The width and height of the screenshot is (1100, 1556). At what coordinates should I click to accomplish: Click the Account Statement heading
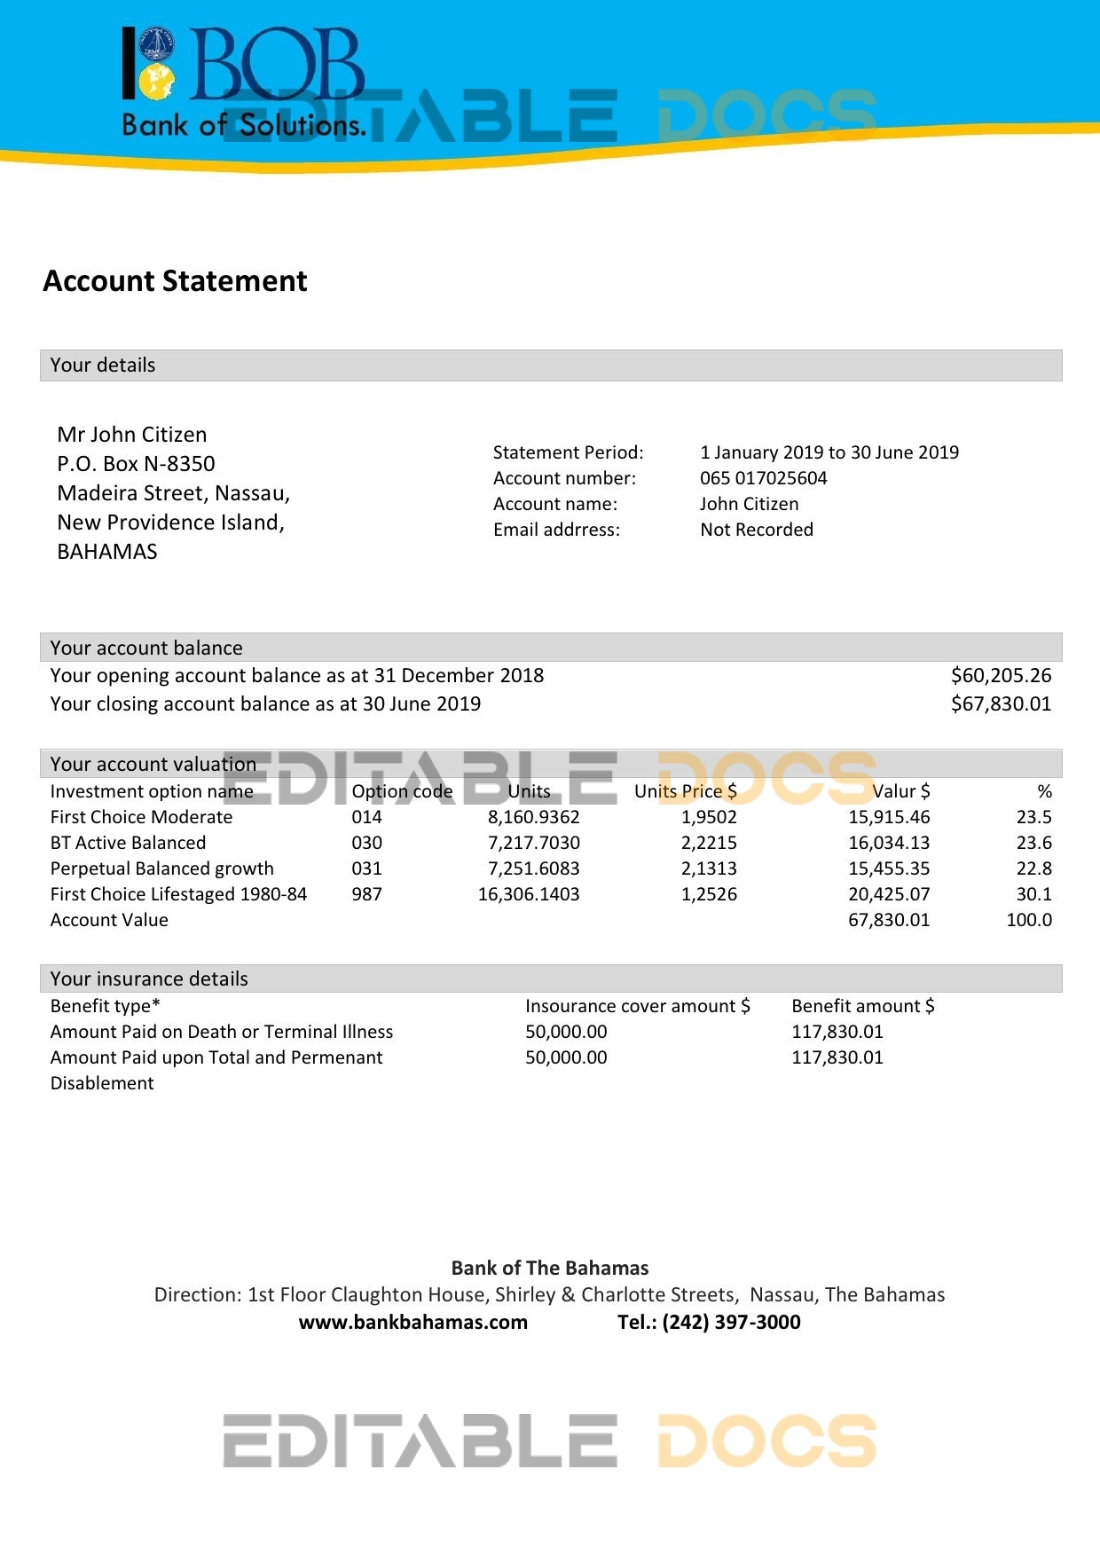pos(175,281)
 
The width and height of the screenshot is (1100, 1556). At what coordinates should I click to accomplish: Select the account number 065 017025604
pos(763,478)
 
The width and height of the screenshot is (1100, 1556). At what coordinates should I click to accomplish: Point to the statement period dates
pos(829,452)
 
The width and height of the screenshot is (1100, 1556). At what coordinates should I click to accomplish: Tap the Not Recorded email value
pos(756,530)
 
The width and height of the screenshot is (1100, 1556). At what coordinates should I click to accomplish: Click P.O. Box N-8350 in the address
pos(136,464)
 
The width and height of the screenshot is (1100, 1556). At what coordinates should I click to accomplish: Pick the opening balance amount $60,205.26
pos(1001,676)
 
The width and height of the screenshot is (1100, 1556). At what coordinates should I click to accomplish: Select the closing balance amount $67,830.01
pos(1001,704)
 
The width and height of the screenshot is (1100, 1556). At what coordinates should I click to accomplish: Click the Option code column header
pos(402,791)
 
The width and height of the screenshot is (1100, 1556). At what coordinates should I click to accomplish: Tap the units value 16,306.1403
pos(529,894)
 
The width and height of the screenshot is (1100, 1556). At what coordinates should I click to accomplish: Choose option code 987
pos(366,894)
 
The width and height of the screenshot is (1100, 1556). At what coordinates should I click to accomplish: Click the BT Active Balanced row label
pos(128,843)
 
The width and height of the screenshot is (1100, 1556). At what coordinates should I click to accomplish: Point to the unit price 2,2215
pos(709,843)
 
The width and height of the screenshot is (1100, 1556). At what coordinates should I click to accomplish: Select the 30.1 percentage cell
pos(1033,894)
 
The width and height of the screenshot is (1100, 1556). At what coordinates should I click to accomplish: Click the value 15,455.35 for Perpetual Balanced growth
pos(889,868)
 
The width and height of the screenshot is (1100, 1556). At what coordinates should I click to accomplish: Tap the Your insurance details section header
pos(149,978)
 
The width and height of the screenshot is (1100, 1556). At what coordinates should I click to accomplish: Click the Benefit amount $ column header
pos(862,1006)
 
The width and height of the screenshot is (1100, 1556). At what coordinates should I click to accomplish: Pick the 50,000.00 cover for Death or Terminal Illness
pos(566,1032)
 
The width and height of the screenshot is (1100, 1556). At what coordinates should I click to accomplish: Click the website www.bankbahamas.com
pos(412,1323)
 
